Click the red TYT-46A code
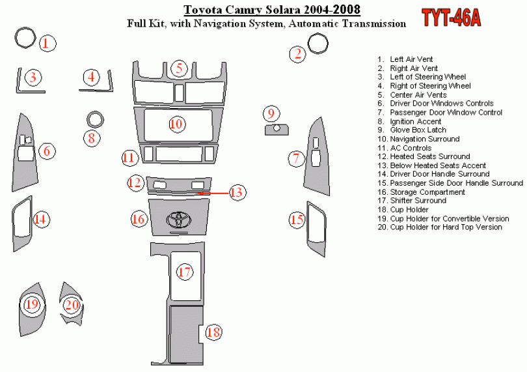(451, 18)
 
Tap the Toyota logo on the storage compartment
(179, 219)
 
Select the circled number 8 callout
(92, 138)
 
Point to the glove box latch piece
(277, 130)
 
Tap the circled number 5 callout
(179, 68)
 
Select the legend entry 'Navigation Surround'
(418, 139)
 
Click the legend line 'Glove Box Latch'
(412, 130)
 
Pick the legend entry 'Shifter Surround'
(412, 201)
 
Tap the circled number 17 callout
(185, 272)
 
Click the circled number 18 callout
(213, 332)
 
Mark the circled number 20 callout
(72, 305)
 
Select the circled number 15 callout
(297, 220)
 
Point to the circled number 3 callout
(33, 78)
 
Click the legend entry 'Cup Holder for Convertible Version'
(443, 219)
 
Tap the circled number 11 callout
(129, 158)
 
